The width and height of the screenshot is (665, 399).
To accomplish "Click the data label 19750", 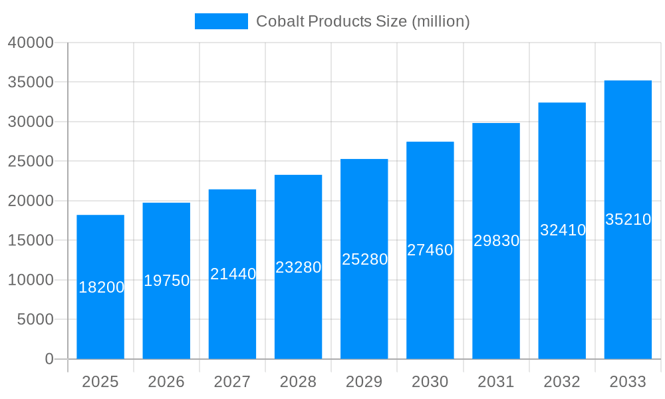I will point(167,281).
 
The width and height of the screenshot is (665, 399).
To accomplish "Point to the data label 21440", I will point(233,273).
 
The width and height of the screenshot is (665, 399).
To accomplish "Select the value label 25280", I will point(364,259).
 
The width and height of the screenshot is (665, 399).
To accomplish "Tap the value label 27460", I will point(430,250).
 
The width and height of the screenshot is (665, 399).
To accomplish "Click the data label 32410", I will point(563,230).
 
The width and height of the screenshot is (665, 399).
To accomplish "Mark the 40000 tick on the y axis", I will point(31,43).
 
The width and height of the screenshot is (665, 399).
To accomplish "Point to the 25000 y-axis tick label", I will point(31,162).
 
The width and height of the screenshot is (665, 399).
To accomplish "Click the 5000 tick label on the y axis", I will point(35,320).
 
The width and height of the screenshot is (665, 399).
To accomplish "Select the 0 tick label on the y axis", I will point(49,359).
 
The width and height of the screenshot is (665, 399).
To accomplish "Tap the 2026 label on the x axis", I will point(166,382).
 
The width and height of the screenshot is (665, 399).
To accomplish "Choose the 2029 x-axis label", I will point(364,382).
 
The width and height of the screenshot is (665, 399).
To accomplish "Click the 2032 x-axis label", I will point(562,382).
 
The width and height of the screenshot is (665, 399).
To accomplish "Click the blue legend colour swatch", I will point(221,21).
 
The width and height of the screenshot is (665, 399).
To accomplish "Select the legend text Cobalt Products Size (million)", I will point(363,21).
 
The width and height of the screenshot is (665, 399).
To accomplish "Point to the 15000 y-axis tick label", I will point(31,241).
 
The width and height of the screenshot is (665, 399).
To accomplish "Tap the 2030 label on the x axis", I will point(430,382).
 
